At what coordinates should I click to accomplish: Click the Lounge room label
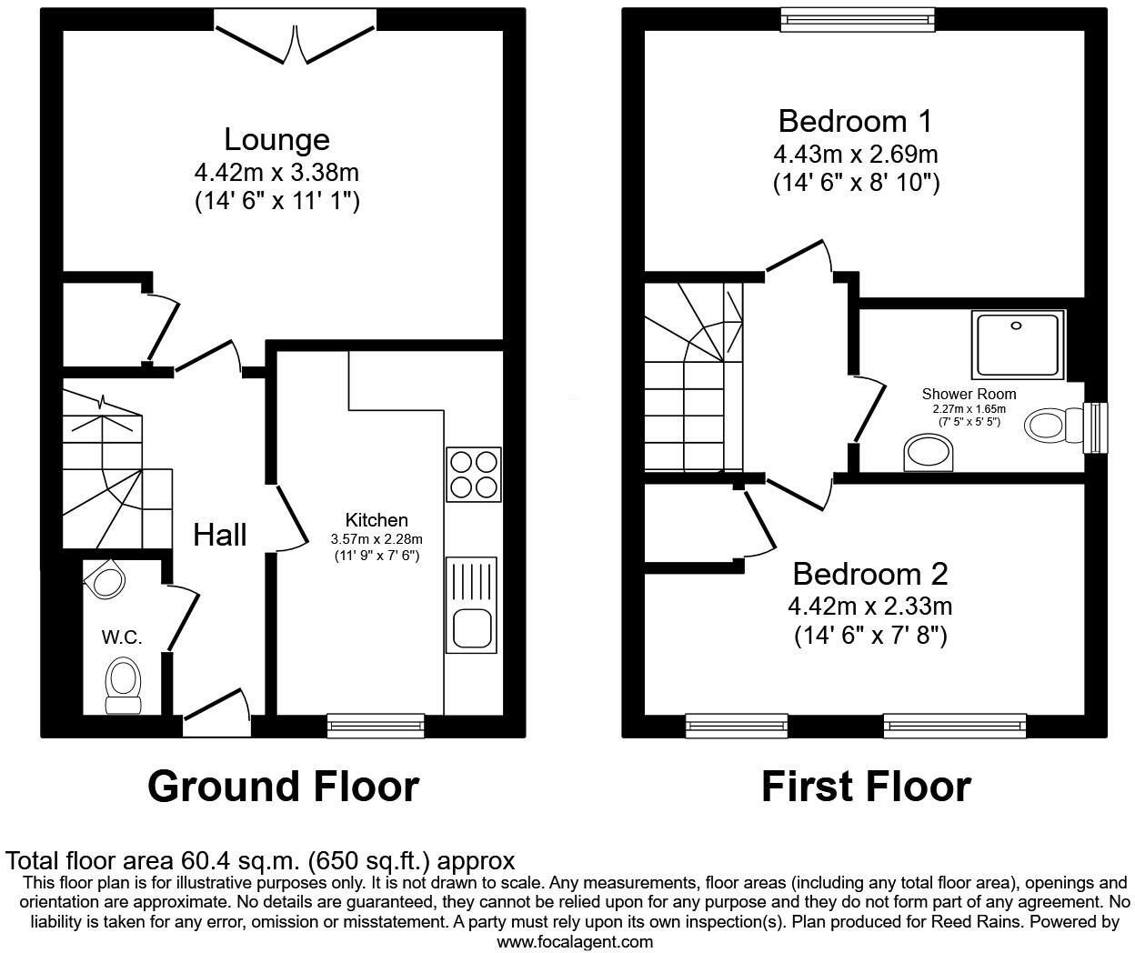(276, 139)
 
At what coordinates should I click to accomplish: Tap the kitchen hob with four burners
(473, 474)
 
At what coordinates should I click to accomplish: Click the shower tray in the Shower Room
(1018, 344)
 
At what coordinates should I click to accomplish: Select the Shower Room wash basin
(929, 452)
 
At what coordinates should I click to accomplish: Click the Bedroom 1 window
(858, 19)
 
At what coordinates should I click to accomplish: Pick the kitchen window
(376, 725)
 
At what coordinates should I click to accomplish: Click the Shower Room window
(1099, 426)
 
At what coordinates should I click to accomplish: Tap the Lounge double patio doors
(296, 41)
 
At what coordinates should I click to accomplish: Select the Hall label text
(219, 535)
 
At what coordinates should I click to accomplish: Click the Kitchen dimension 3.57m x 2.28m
(376, 539)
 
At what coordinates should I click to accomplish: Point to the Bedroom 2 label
(869, 574)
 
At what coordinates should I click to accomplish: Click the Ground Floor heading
(283, 786)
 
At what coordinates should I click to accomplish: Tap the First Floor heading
(865, 786)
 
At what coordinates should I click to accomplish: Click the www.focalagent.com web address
(574, 942)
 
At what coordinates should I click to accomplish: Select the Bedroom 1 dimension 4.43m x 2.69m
(855, 153)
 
